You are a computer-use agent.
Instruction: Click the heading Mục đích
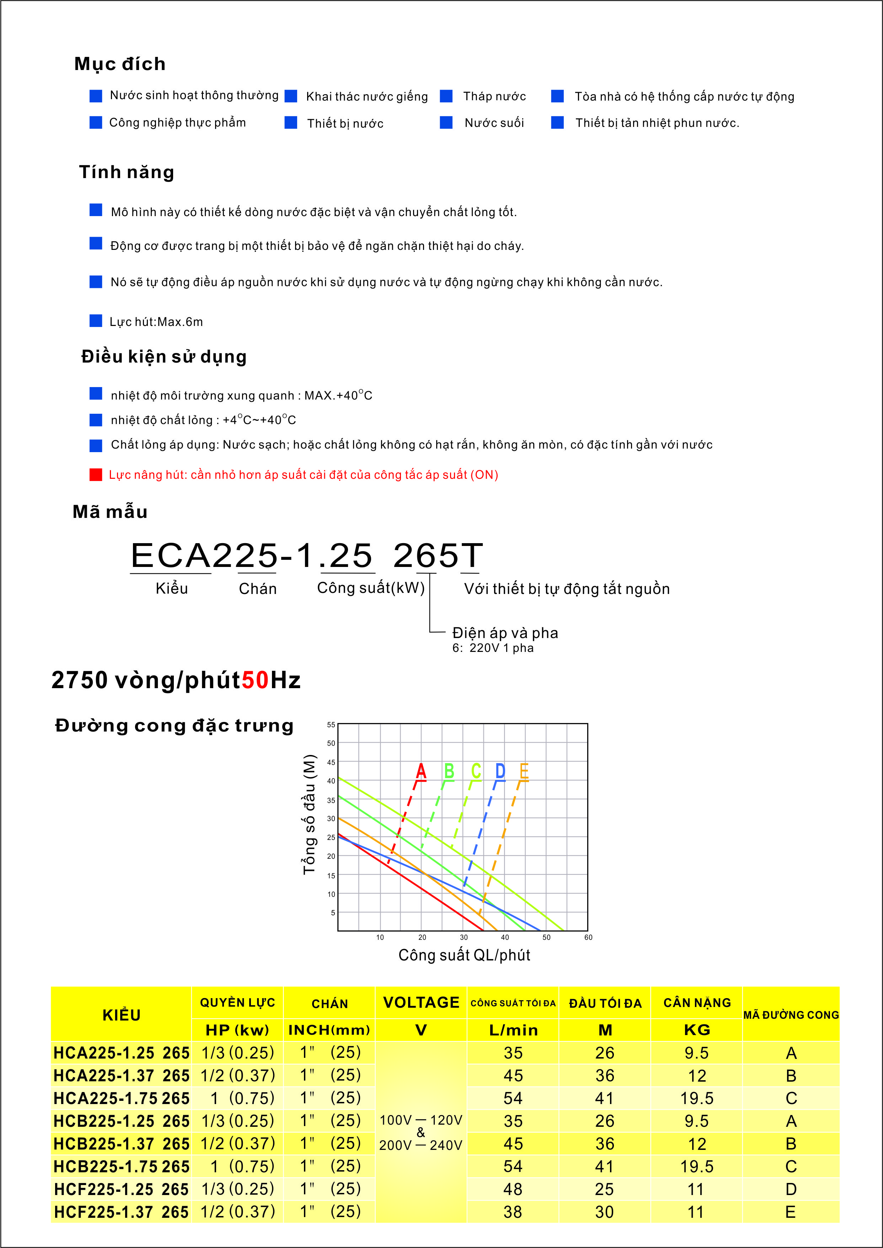pos(120,64)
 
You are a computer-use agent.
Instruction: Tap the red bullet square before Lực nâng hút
pos(96,475)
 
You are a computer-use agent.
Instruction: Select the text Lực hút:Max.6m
pos(156,322)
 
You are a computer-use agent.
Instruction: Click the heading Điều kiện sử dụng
pos(164,357)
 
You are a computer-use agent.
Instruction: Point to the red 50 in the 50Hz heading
pos(255,680)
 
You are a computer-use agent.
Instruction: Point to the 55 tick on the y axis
pos(331,724)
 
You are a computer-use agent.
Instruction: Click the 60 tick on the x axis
pos(588,937)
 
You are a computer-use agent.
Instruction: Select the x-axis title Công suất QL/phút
pos(464,955)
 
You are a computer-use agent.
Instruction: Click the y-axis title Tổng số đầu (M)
pos(309,814)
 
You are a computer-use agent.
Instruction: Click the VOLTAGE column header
pos(421,1002)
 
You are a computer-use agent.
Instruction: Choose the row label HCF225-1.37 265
pos(121,1212)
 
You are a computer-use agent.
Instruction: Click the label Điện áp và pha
pos(505,633)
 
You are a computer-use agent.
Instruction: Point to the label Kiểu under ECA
pos(171,588)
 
